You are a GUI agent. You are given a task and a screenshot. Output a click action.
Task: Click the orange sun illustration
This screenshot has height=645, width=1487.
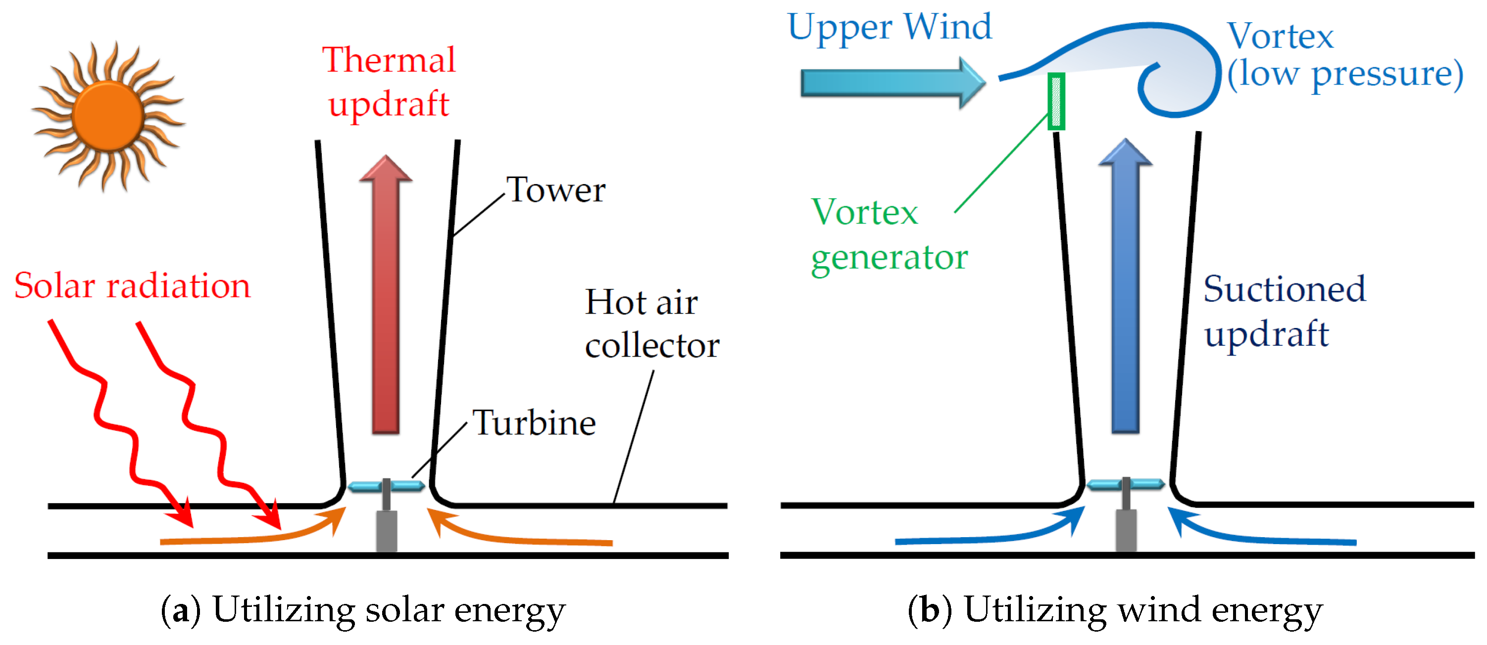tap(108, 115)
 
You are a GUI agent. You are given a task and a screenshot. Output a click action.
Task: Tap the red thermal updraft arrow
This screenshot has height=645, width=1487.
tap(386, 300)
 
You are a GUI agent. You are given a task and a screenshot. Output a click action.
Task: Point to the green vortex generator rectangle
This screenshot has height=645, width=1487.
tap(1056, 101)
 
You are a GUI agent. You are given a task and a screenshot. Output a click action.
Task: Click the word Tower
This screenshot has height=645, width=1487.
tap(556, 190)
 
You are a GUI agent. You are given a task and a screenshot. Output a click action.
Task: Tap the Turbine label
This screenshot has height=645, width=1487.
tap(534, 423)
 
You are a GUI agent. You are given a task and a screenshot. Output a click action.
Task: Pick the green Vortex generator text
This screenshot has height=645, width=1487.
tap(889, 235)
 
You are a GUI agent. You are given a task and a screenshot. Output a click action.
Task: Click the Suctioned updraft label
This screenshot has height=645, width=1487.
tap(1285, 312)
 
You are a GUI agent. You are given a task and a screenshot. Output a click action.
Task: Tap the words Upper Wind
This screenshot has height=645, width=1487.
tap(890, 28)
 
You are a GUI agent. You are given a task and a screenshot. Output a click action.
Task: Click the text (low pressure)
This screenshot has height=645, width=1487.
tap(1345, 75)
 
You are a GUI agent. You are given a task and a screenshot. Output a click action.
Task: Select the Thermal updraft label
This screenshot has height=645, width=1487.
tap(389, 82)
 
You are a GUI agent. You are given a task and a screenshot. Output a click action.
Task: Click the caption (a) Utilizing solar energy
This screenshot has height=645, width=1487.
tap(363, 610)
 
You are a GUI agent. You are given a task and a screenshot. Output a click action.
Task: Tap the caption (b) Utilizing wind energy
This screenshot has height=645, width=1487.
tap(1115, 610)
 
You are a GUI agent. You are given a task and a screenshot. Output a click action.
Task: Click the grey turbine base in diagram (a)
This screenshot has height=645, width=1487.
tap(386, 530)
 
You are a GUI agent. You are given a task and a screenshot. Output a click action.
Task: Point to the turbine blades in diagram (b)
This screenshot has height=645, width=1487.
tap(1125, 484)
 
